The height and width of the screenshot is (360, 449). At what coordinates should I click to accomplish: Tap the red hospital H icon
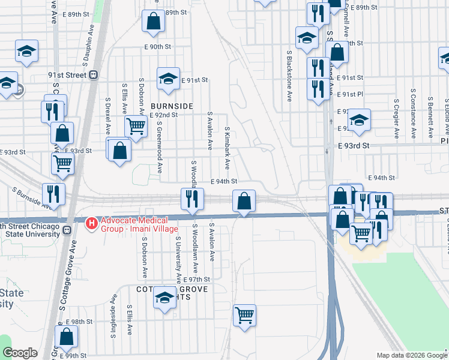(x=92, y=224)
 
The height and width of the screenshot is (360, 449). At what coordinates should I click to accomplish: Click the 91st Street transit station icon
(x=94, y=75)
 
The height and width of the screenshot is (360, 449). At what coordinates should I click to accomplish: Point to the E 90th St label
(x=157, y=46)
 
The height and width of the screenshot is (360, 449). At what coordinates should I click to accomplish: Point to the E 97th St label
(x=197, y=280)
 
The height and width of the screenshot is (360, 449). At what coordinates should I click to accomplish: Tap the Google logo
(x=20, y=353)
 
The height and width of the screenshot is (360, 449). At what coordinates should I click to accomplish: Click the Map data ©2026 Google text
(x=412, y=355)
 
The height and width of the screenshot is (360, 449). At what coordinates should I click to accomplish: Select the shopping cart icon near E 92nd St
(x=136, y=126)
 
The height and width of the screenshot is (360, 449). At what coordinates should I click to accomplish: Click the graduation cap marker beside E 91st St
(x=168, y=78)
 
